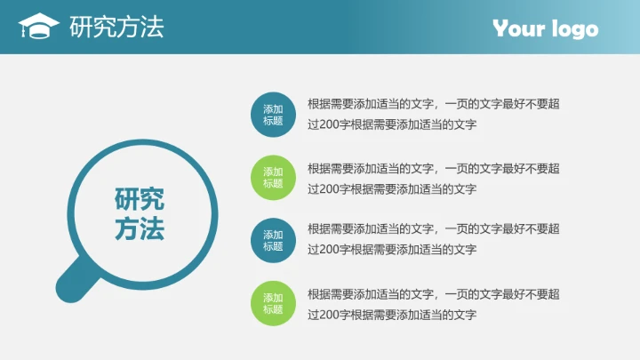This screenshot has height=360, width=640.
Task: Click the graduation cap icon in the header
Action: coord(38,27)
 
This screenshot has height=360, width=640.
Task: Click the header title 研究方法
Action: coord(116,27)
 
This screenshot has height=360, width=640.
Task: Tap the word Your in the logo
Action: coord(519,28)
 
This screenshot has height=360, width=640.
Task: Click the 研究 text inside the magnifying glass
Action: coord(140,199)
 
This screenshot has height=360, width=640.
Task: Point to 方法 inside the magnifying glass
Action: coord(140,230)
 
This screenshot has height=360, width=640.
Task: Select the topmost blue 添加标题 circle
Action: coord(273,115)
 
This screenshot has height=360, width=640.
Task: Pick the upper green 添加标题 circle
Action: coord(273,178)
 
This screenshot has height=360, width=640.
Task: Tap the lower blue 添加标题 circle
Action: coord(273,241)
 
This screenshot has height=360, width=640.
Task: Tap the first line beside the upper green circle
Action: coord(433,168)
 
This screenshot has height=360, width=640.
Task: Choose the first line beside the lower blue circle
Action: coord(433,230)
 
